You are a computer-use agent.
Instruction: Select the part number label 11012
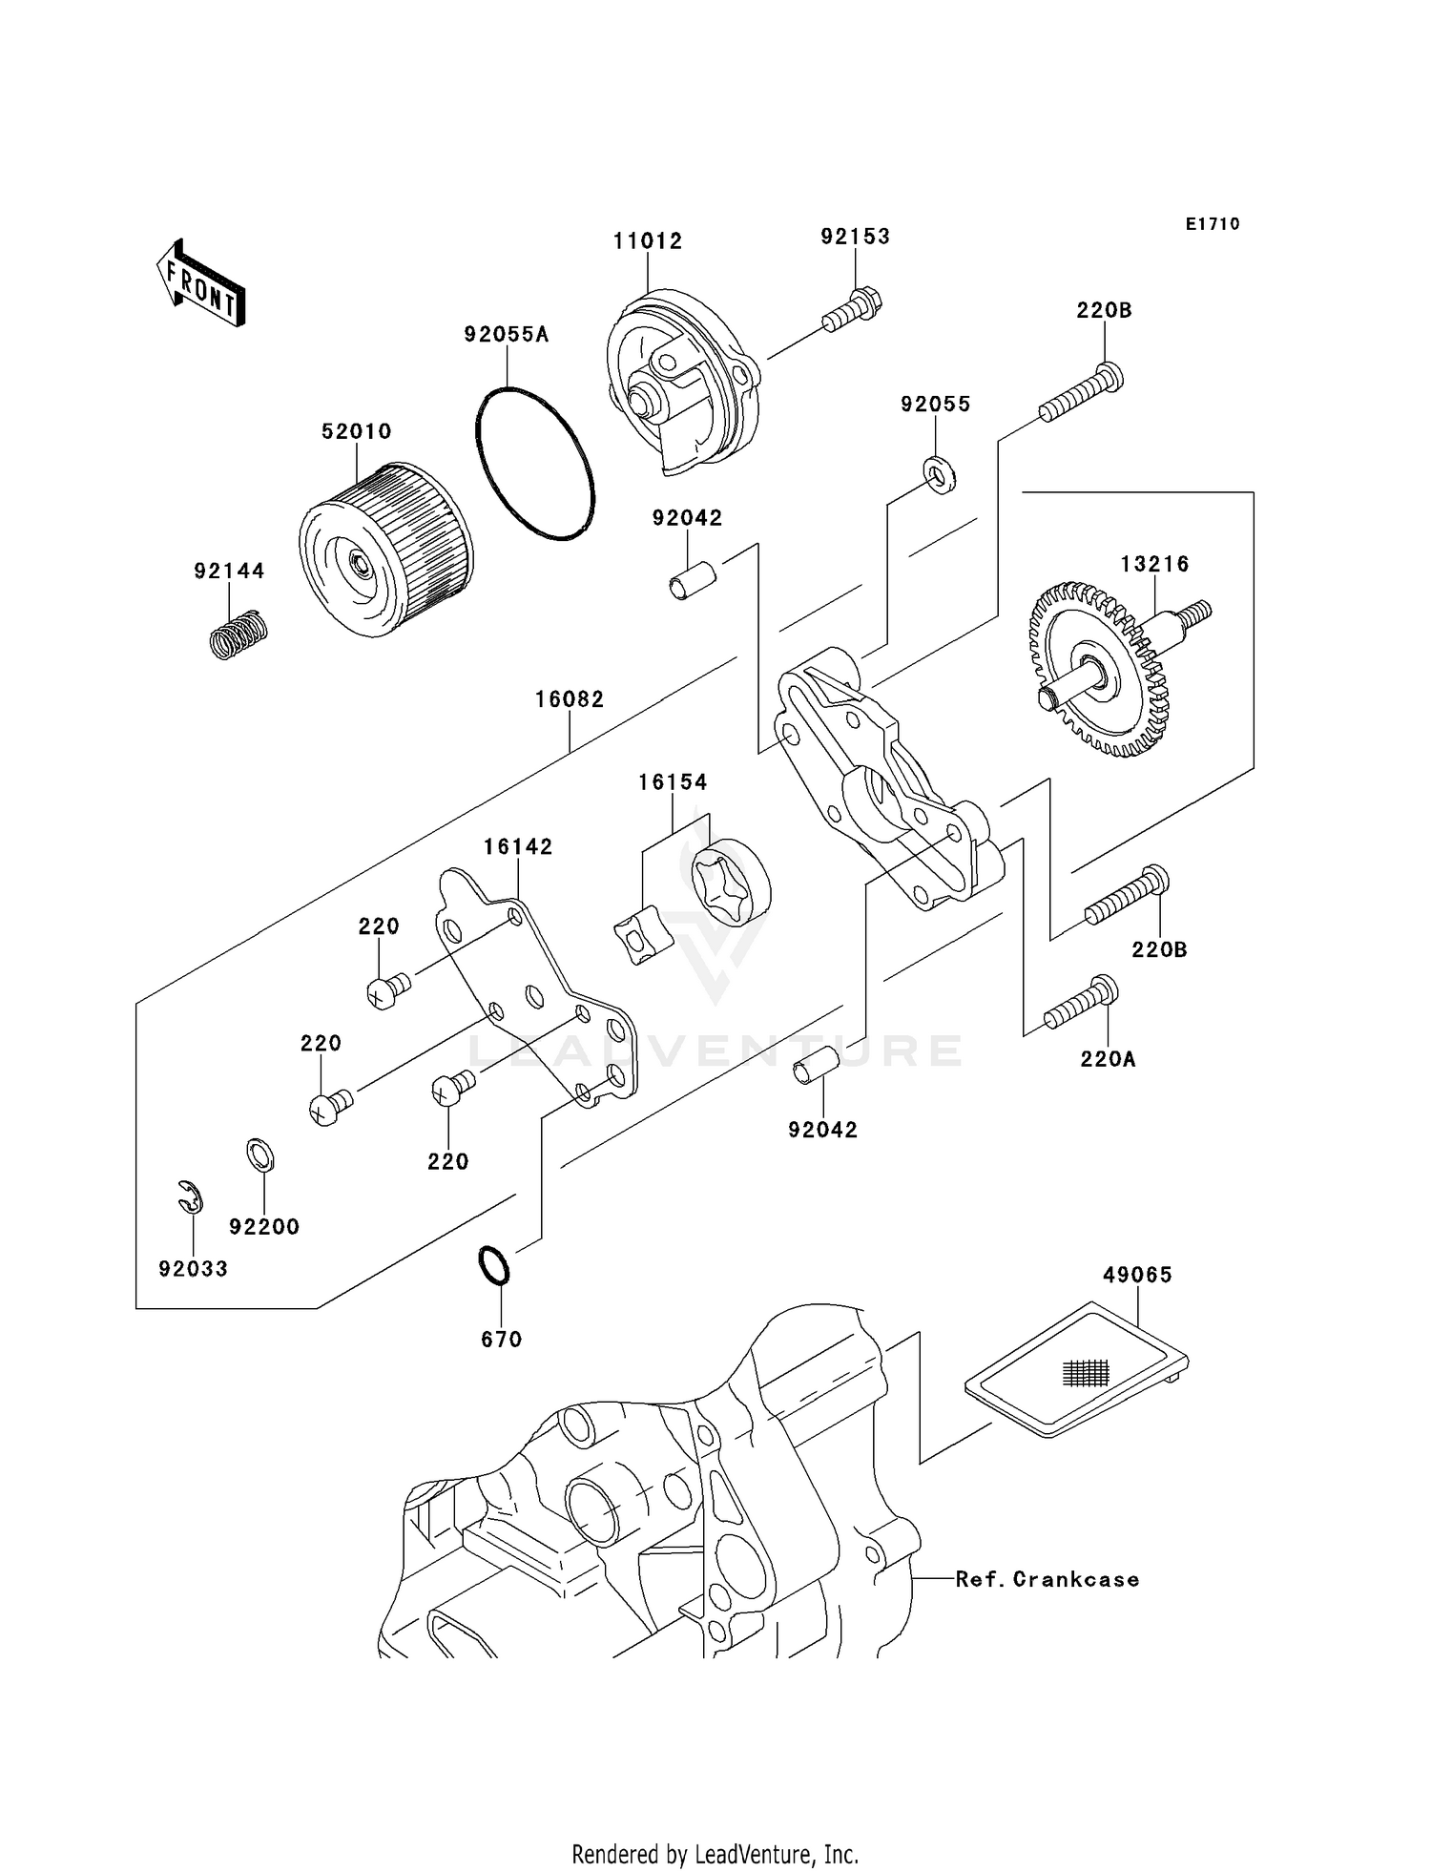click(648, 241)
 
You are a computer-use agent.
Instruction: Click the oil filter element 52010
click(386, 551)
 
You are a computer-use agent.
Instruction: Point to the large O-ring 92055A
click(534, 464)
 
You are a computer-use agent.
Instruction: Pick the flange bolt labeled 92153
click(852, 308)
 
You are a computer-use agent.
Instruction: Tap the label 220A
click(1108, 1059)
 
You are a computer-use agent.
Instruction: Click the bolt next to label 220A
click(1083, 1004)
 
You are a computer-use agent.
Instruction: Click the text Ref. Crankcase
click(1047, 1579)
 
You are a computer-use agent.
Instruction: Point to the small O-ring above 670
click(494, 1265)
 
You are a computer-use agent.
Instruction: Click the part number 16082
click(570, 699)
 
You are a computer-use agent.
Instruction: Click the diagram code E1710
click(1213, 224)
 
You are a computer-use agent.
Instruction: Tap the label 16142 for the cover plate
click(518, 846)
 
